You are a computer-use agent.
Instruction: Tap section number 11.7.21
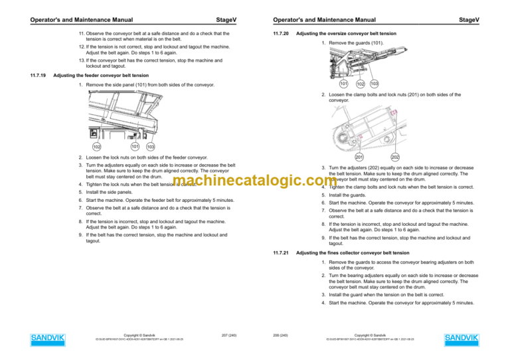tap(281, 253)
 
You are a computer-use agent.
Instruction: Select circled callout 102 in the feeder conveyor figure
tap(97, 146)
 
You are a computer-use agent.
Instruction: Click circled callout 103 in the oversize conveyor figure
tap(374, 84)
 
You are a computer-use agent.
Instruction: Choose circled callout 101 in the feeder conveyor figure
tap(134, 146)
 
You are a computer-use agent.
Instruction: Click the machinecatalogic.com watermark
tap(254, 182)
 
